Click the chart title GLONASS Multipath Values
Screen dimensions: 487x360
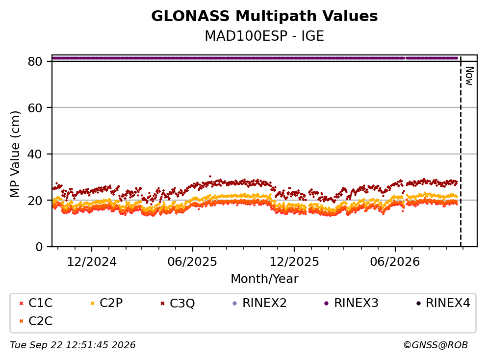[264, 16]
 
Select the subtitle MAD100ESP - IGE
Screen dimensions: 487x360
[264, 36]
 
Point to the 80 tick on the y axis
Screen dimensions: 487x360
[35, 61]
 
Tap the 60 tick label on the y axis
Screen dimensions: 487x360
[35, 108]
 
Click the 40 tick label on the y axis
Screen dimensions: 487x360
[35, 154]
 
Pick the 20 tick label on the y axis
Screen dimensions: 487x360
[35, 200]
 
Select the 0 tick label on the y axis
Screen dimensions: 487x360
[39, 247]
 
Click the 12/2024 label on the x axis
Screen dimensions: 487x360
[92, 262]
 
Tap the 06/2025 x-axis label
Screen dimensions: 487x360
[192, 262]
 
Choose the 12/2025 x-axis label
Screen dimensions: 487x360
[294, 262]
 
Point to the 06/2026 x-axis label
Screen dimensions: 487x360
[395, 262]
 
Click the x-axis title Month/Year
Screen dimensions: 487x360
[264, 279]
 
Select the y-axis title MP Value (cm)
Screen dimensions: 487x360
[15, 154]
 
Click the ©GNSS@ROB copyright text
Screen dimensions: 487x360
[436, 345]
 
